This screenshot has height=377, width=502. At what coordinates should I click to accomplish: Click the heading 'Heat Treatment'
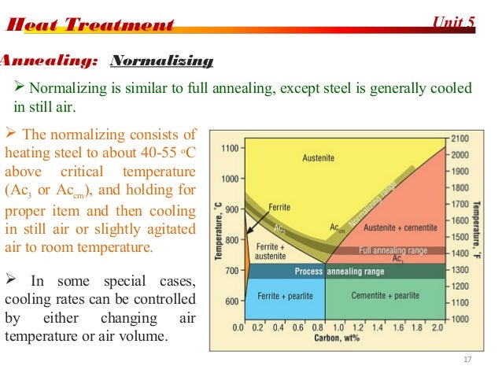(90, 25)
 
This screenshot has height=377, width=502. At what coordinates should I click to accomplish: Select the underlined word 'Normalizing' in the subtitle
(162, 61)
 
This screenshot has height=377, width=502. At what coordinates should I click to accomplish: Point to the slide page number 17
(468, 360)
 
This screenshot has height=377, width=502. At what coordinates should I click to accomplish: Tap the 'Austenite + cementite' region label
(393, 227)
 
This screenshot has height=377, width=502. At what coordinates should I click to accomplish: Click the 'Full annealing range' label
(393, 250)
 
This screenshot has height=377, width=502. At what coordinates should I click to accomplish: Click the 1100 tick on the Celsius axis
(229, 148)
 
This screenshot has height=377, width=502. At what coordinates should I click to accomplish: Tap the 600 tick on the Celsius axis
(231, 301)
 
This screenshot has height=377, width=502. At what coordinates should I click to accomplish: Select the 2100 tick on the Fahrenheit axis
(460, 138)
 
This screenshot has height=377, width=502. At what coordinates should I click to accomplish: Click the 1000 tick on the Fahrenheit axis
(460, 319)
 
